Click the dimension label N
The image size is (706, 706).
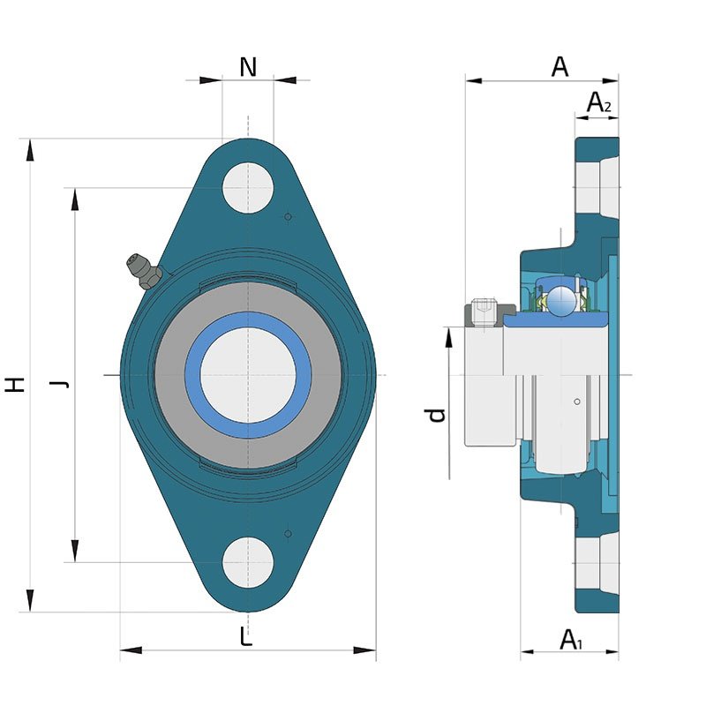248,67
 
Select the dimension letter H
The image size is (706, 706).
14,385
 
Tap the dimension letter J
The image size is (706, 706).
59,384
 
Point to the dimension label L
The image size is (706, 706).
246,636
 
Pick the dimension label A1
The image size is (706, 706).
570,640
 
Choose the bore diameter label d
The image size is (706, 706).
436,415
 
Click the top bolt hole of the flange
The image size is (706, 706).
248,188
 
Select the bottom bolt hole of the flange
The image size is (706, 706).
248,562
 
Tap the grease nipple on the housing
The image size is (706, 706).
143,271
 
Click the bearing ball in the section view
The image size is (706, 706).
560,299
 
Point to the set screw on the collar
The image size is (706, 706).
484,312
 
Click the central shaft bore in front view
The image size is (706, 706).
248,375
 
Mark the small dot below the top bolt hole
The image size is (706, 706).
289,217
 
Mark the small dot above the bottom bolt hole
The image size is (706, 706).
289,534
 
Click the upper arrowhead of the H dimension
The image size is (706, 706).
30,150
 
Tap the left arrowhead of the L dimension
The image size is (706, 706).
131,650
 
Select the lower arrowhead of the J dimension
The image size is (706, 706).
75,551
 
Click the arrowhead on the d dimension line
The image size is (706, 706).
449,338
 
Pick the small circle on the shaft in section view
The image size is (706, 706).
577,402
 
